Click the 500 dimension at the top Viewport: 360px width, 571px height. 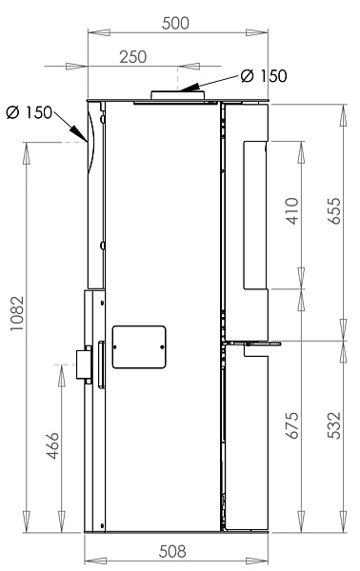coord(175,23)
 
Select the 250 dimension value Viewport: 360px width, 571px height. coord(133,57)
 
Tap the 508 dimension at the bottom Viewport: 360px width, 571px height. coord(172,552)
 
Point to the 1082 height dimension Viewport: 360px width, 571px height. coord(17,313)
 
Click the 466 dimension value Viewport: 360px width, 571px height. coord(52,445)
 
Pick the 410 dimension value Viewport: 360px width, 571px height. coord(292,211)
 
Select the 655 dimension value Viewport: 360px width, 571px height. coord(334,211)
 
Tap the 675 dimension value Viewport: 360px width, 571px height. coord(292,425)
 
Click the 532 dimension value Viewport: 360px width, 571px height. coord(334,425)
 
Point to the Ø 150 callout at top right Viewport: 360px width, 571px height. coord(264,76)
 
